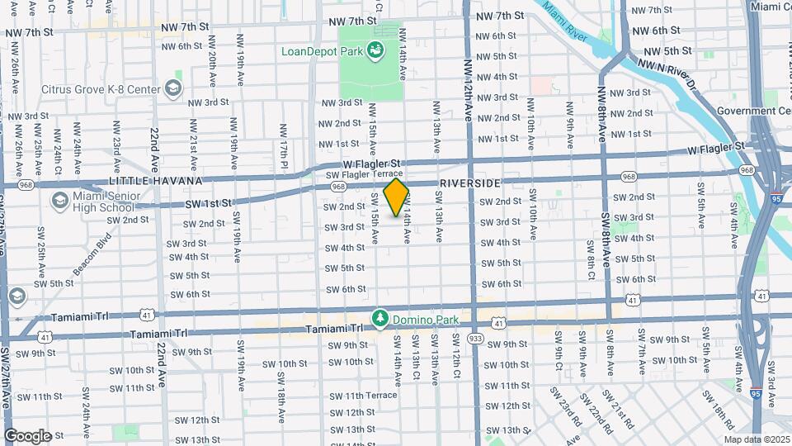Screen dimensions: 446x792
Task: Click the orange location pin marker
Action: point(397,197)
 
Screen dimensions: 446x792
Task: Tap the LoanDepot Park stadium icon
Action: point(376,51)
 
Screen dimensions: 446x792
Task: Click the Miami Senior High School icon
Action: point(59,201)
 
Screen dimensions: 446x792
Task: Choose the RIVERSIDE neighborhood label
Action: point(470,183)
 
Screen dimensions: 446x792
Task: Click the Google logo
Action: point(28,436)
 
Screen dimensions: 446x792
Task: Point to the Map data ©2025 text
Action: point(757,439)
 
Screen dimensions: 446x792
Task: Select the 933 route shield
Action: point(475,338)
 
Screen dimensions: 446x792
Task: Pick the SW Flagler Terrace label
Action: point(364,173)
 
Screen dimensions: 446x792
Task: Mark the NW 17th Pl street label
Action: point(284,140)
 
